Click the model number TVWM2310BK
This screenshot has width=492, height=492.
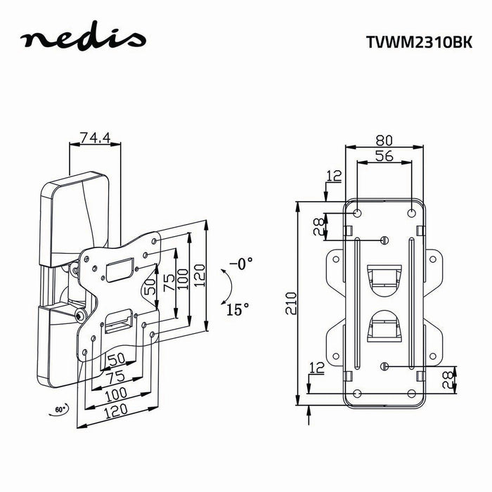pyautogui.click(x=419, y=41)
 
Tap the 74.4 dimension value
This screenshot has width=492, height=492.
pyautogui.click(x=95, y=138)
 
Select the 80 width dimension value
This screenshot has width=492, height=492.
pyautogui.click(x=384, y=141)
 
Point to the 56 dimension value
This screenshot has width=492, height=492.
pyautogui.click(x=384, y=156)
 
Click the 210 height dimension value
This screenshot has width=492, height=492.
pyautogui.click(x=291, y=303)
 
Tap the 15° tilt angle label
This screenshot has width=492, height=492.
pyautogui.click(x=238, y=309)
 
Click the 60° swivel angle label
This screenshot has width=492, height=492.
pyautogui.click(x=60, y=409)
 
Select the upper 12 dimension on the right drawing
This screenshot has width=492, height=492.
pyautogui.click(x=334, y=176)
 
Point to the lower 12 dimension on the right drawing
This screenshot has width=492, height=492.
pyautogui.click(x=316, y=368)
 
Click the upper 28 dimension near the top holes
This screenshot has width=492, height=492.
pyautogui.click(x=318, y=227)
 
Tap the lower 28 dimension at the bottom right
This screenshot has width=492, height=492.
pyautogui.click(x=448, y=380)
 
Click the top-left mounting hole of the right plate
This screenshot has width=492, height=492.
pyautogui.click(x=357, y=213)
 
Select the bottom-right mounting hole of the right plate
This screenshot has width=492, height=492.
pyautogui.click(x=412, y=394)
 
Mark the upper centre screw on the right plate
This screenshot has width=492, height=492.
pyautogui.click(x=384, y=240)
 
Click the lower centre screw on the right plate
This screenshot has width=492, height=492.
pyautogui.click(x=384, y=366)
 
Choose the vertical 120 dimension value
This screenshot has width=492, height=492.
pyautogui.click(x=200, y=276)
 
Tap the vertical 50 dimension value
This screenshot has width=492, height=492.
pyautogui.click(x=151, y=286)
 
